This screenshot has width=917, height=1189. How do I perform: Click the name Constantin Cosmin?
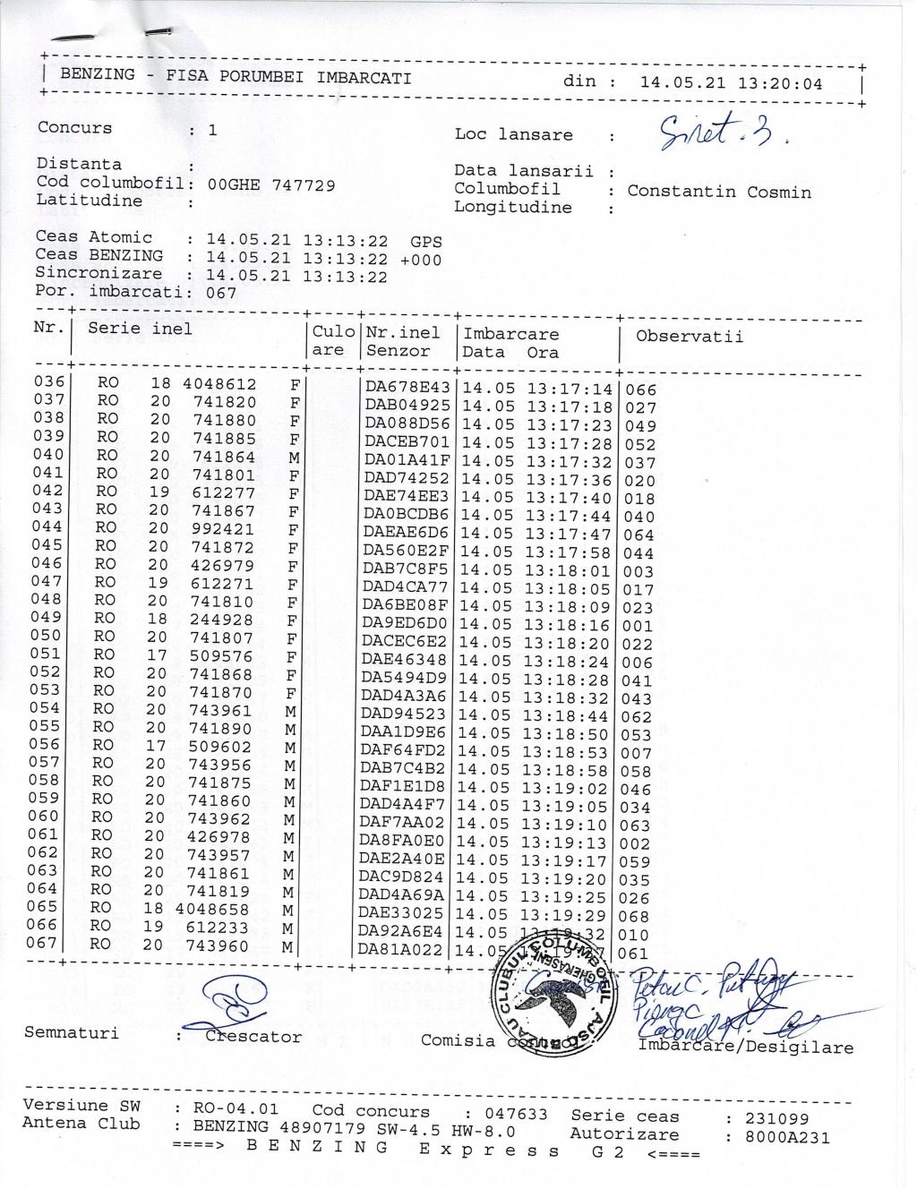point(719,192)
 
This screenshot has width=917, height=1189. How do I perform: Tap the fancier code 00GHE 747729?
point(271,185)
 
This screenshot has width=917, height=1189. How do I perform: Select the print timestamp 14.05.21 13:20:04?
point(732,83)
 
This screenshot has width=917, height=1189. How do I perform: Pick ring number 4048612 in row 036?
point(219,384)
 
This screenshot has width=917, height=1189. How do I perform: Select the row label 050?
point(47,636)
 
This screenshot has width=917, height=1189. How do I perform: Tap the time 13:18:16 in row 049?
point(566,625)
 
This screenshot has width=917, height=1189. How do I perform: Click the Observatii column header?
point(690,337)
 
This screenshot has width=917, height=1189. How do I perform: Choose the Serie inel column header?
point(140,328)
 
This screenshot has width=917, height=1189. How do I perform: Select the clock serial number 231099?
point(777,1118)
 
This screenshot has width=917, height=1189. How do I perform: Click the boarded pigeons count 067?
point(221,293)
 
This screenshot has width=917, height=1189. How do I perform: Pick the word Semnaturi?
point(71,1033)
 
